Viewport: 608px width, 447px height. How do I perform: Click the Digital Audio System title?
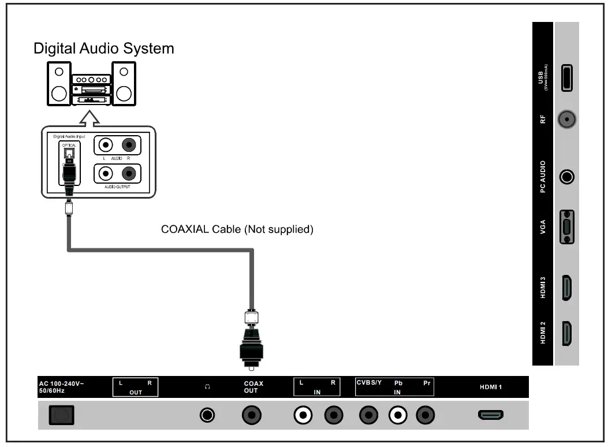point(104,48)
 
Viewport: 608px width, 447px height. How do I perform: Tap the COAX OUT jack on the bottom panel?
point(252,415)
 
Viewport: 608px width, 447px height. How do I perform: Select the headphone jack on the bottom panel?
point(207,415)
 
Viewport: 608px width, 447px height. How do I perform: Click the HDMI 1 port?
point(491,415)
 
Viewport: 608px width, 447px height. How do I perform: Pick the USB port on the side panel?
point(567,77)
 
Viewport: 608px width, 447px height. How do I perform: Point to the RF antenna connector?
point(567,120)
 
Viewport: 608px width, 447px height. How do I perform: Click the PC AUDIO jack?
point(567,177)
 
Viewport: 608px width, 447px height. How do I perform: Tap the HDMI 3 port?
point(567,288)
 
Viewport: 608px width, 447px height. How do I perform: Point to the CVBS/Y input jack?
point(368,415)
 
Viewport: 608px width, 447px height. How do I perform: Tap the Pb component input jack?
point(397,415)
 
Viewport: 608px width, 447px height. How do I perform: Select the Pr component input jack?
point(426,415)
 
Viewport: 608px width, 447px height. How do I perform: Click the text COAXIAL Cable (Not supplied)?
point(237,230)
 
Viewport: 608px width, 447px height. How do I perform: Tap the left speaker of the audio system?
point(59,84)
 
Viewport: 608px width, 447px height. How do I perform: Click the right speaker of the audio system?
point(124,84)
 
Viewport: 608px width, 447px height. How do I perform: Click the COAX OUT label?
point(253,387)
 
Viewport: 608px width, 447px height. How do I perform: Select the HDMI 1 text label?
point(491,387)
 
